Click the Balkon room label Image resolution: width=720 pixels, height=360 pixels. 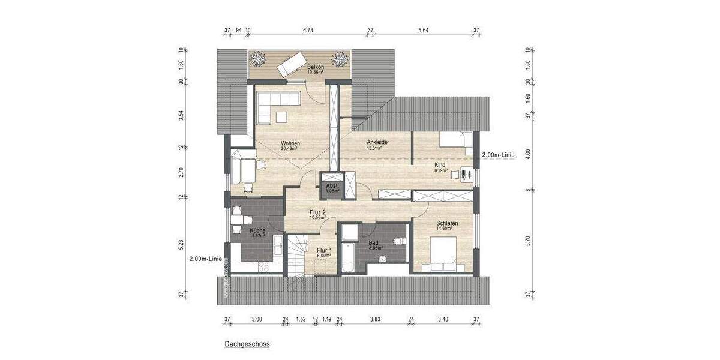pos(316,67)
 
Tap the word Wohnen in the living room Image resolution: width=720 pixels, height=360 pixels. pos(290,143)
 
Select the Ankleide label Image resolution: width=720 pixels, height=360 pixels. pos(377,142)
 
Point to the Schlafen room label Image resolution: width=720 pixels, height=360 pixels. pos(447,223)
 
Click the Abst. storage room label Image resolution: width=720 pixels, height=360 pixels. pos(332,186)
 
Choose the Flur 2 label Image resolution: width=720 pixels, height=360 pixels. pos(317,212)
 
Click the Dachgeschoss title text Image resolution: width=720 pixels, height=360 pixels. pos(247,344)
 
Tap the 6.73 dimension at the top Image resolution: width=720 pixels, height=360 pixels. pos(308,29)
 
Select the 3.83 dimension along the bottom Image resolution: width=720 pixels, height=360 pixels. pos(375,319)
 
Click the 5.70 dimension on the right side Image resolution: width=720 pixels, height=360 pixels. pos(527,240)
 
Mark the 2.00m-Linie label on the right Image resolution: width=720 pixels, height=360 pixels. pos(498,155)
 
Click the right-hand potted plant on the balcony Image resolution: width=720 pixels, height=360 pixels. pos(340,59)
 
